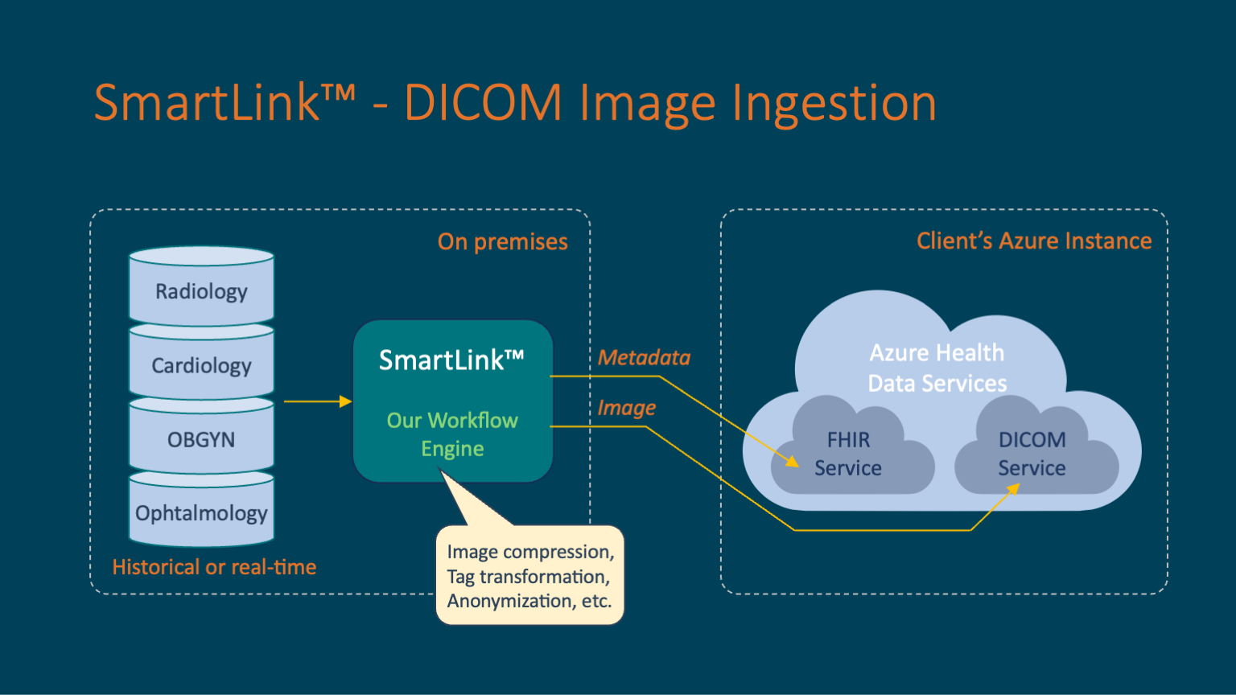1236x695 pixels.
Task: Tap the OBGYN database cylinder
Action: (x=201, y=439)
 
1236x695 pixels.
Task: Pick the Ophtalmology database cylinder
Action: (x=201, y=512)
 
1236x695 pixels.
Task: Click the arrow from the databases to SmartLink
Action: (x=318, y=401)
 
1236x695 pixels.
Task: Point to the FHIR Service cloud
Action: (x=849, y=454)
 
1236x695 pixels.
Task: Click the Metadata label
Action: (x=644, y=357)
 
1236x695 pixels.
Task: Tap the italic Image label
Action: (x=626, y=408)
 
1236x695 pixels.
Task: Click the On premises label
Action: (x=502, y=241)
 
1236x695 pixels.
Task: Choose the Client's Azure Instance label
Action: (x=1034, y=241)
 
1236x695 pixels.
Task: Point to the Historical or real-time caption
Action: (x=214, y=567)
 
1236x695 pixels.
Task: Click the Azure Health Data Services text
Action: (x=937, y=368)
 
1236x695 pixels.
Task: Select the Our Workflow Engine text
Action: (x=452, y=434)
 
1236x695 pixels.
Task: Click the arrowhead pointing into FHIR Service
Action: (x=793, y=462)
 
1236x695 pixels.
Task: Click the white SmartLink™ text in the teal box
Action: (x=451, y=360)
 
